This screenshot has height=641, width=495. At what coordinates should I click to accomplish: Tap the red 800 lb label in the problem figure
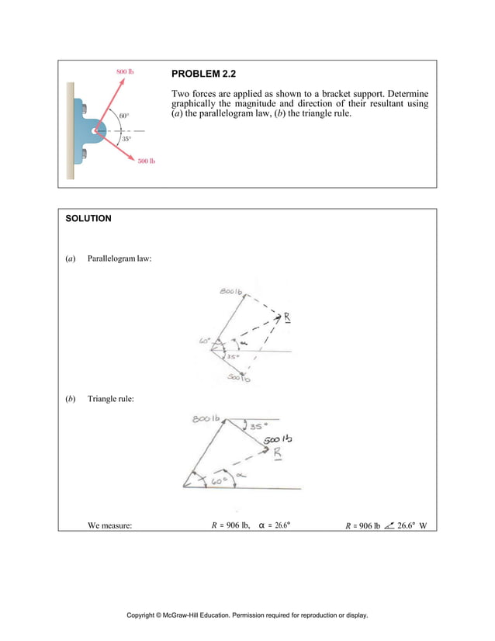tap(125, 71)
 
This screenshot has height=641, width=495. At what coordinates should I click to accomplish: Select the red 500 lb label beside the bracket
tap(147, 161)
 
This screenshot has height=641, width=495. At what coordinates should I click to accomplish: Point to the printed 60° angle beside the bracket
tap(124, 116)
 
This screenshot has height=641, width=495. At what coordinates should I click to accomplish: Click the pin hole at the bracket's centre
tap(94, 131)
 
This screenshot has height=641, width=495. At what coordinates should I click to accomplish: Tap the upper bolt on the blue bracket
tap(85, 108)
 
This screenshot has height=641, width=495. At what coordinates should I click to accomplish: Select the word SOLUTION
tap(89, 219)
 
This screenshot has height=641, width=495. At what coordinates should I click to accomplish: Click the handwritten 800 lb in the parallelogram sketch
tap(230, 292)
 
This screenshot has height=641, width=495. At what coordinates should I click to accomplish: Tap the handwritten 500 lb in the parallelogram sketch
tap(240, 378)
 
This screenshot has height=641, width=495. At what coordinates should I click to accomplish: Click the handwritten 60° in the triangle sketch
tap(222, 481)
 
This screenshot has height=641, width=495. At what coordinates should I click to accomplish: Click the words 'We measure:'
tap(109, 525)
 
